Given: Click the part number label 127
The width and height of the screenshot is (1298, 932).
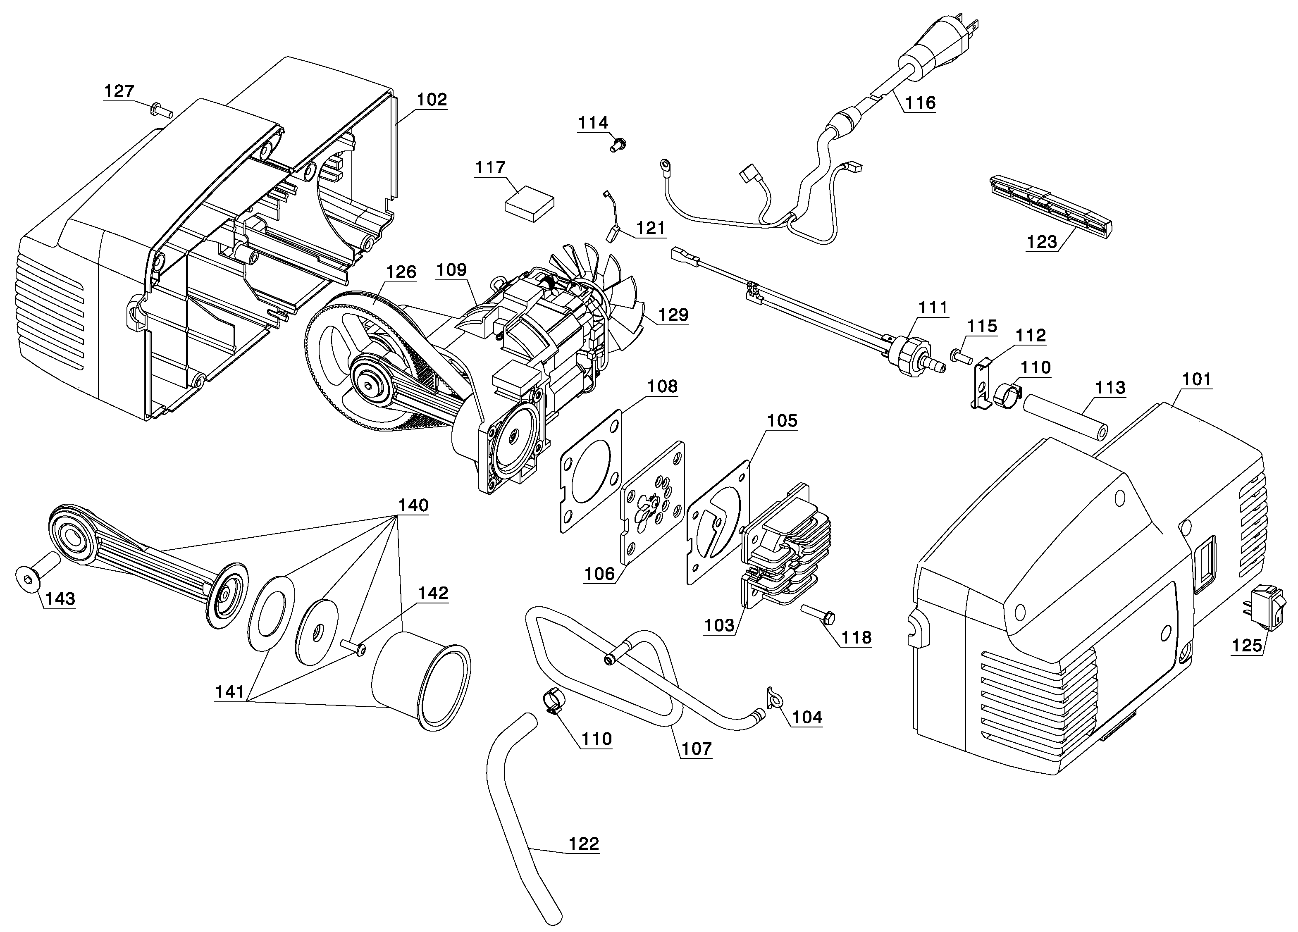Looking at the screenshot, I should pyautogui.click(x=119, y=91).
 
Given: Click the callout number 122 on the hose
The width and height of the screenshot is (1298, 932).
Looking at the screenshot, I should pyautogui.click(x=584, y=844).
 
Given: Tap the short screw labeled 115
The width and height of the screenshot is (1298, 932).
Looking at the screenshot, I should pyautogui.click(x=962, y=356).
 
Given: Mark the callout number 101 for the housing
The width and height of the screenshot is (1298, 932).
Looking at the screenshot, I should pyautogui.click(x=1197, y=379).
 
